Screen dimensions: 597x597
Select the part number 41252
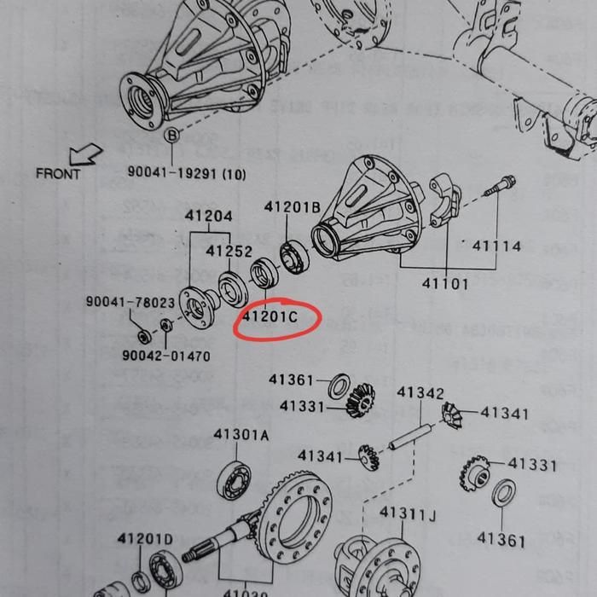227,252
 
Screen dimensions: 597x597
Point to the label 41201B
293,207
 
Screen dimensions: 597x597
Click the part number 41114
496,246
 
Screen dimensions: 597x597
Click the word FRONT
59,174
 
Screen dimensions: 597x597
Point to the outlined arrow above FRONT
86,154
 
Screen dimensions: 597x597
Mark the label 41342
420,393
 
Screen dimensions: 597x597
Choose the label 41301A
241,435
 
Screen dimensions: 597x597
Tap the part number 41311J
408,513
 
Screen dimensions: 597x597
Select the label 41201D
145,539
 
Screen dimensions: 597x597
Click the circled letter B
171,136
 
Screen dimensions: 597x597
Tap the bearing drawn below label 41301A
234,479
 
